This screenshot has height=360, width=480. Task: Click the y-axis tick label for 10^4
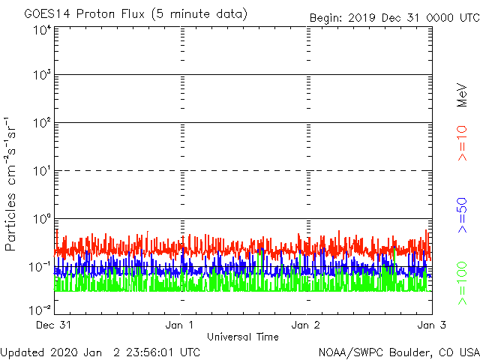[41, 30]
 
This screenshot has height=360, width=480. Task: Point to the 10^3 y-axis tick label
[41, 76]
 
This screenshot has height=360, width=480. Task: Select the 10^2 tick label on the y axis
[41, 124]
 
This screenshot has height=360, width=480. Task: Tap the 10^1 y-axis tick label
[42, 172]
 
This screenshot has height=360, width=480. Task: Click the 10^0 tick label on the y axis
[41, 220]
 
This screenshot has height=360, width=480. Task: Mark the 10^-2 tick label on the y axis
[40, 309]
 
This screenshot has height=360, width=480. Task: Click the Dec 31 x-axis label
[54, 325]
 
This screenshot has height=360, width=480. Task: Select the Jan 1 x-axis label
[181, 325]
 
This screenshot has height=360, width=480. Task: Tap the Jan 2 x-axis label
[307, 325]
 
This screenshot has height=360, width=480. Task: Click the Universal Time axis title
[242, 337]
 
